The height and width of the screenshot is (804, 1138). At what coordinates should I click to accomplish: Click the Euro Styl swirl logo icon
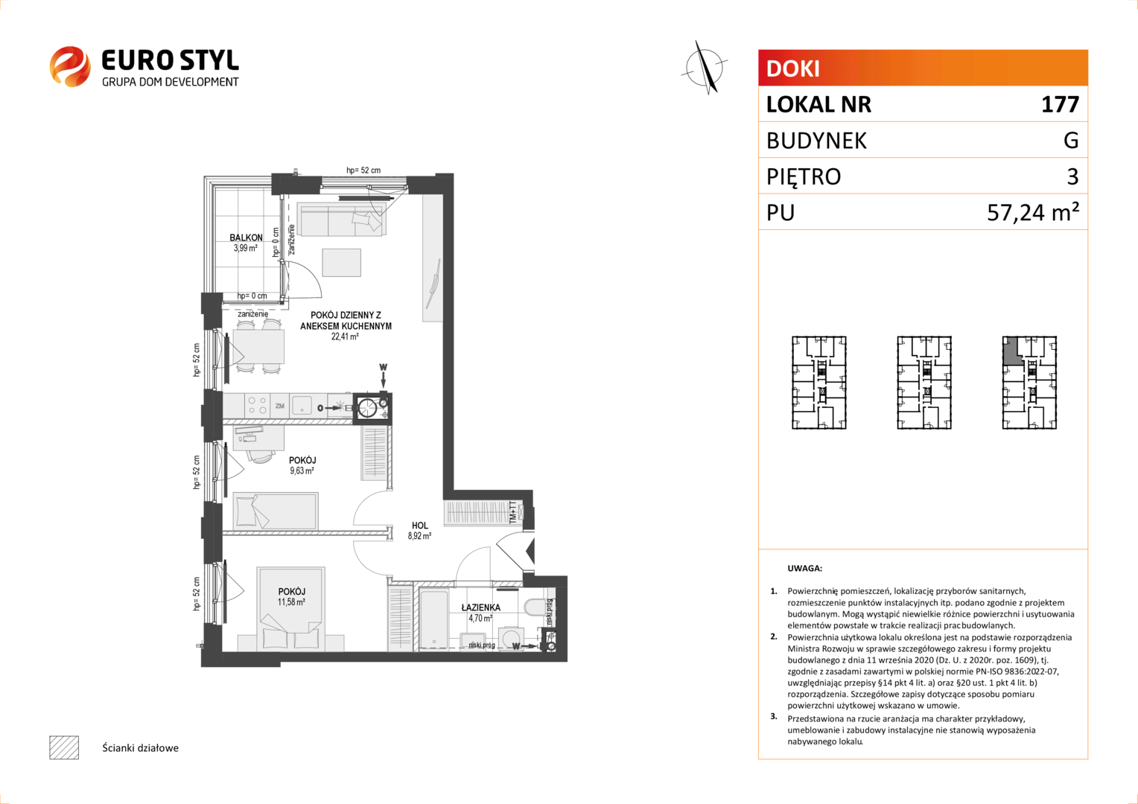[x=70, y=66]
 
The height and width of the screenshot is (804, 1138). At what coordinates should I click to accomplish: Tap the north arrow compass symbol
[x=704, y=68]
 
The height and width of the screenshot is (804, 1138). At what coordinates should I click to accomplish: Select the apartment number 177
[x=1060, y=104]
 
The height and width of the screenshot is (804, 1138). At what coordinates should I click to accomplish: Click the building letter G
[x=1071, y=140]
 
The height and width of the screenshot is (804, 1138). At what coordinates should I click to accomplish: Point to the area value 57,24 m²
[x=1033, y=211]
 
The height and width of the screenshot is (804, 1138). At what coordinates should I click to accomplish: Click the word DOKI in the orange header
[x=792, y=68]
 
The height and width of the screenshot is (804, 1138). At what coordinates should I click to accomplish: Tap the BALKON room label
[x=246, y=237]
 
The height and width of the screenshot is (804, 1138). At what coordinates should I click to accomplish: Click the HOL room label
[x=419, y=526]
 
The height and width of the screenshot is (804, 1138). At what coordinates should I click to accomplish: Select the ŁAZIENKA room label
[x=480, y=607]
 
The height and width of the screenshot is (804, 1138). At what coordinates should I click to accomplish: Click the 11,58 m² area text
[x=291, y=602]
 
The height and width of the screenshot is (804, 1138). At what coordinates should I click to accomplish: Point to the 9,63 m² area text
[x=302, y=470]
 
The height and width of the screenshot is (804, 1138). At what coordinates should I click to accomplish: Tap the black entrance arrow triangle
[x=530, y=552]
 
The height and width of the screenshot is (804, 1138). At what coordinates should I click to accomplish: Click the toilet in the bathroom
[x=532, y=607]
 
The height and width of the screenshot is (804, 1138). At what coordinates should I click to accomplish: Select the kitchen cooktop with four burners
[x=256, y=406]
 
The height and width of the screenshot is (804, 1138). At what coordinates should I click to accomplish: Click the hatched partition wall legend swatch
[x=64, y=747]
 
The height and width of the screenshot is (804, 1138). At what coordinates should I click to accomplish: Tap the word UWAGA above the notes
[x=805, y=568]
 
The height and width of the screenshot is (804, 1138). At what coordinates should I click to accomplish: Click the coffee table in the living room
[x=341, y=263]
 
